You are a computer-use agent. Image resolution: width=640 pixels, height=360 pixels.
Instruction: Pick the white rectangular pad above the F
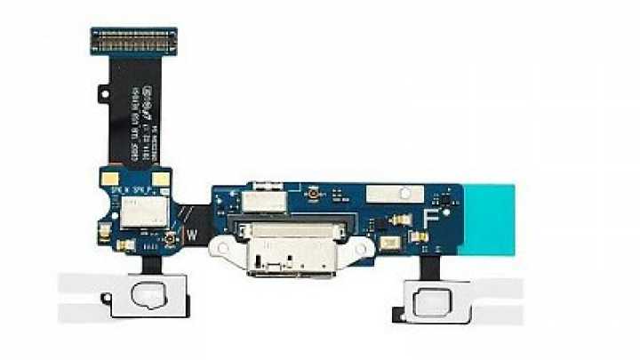pos(411,192)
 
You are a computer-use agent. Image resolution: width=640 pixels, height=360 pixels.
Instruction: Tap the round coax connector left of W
pos(166,240)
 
